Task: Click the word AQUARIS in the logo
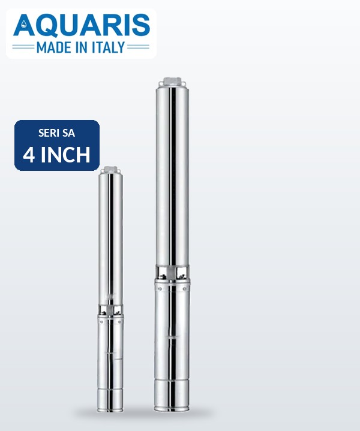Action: click(x=82, y=25)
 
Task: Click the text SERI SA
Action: click(x=56, y=133)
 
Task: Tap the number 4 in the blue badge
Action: click(x=29, y=155)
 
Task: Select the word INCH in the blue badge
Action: click(x=65, y=155)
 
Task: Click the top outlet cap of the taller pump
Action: click(x=173, y=82)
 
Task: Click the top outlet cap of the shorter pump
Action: click(x=110, y=169)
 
